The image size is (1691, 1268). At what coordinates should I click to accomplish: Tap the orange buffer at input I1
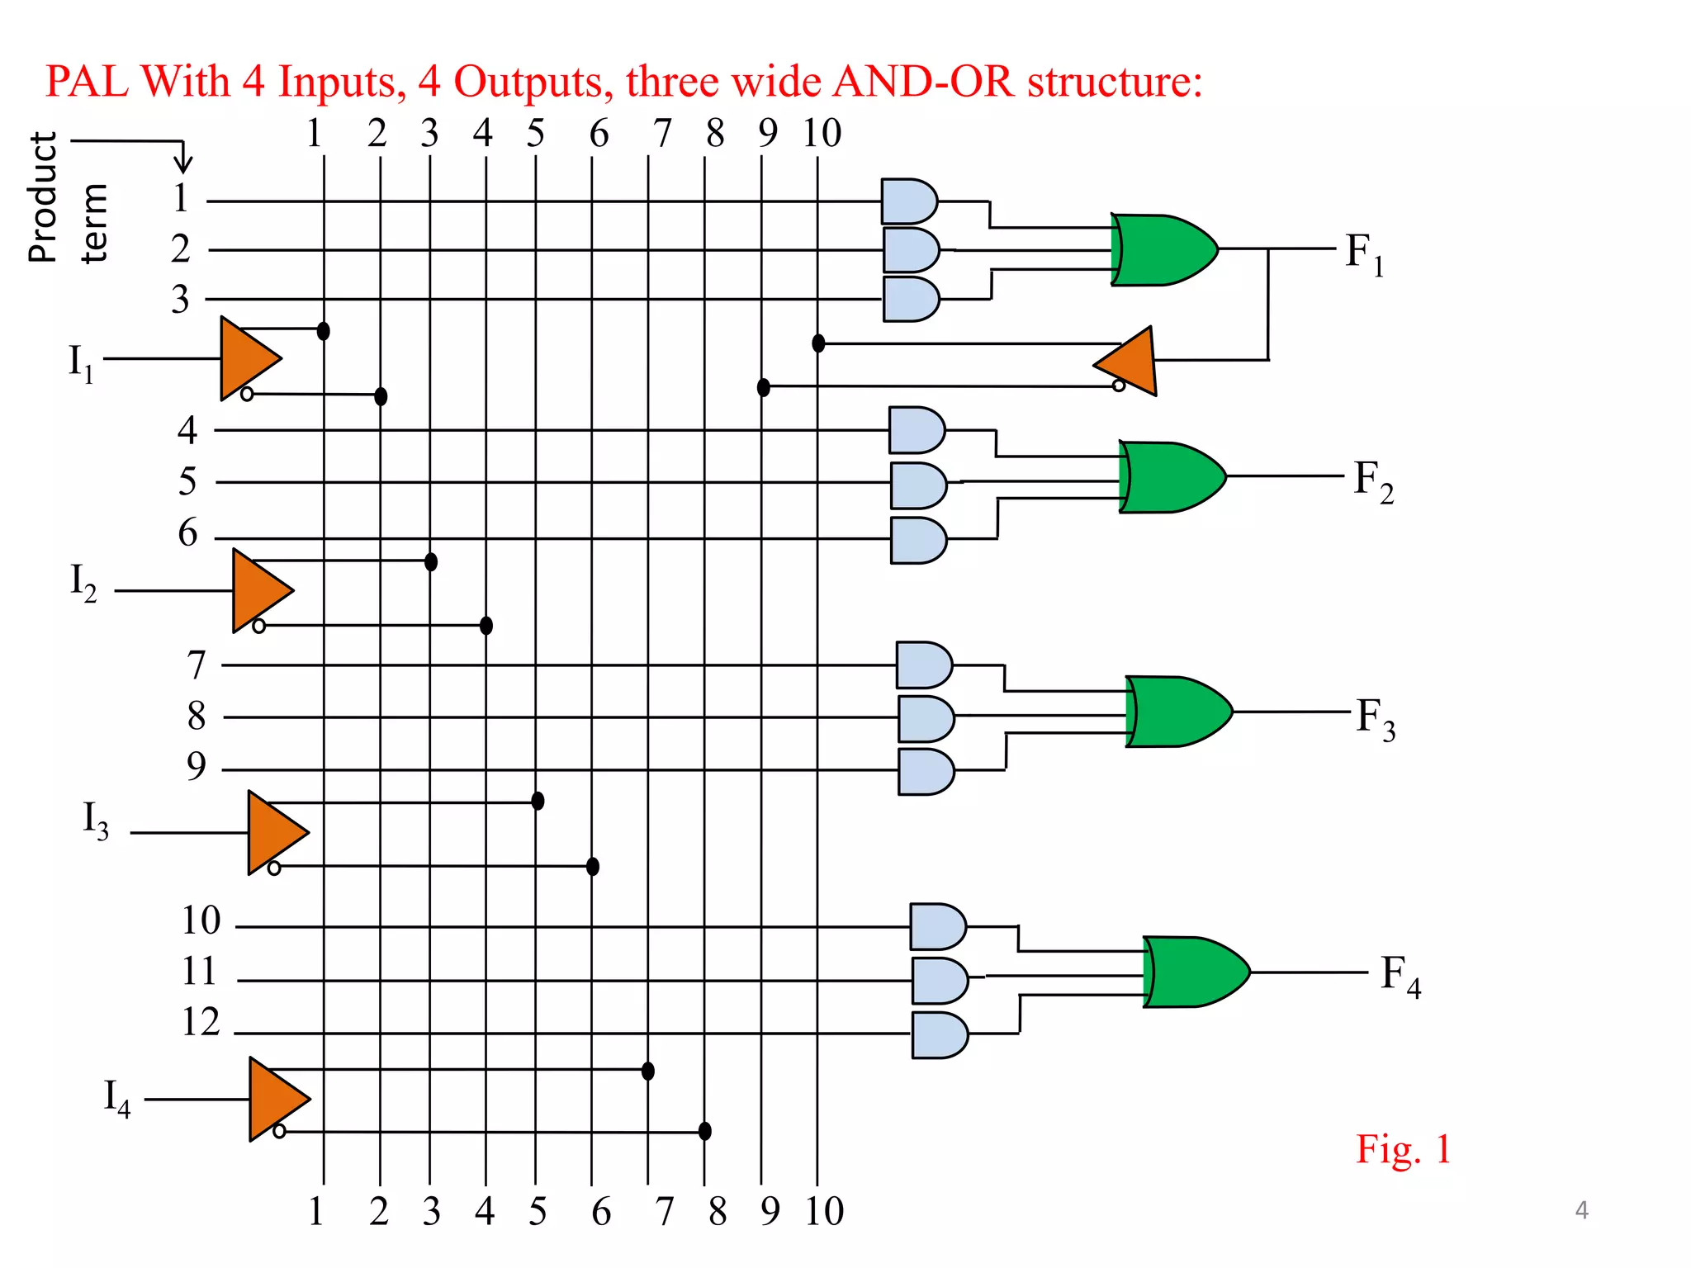(247, 358)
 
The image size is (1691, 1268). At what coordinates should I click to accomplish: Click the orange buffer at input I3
(275, 832)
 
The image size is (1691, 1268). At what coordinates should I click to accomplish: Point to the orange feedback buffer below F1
(1130, 362)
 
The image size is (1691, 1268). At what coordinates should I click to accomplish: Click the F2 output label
(1373, 480)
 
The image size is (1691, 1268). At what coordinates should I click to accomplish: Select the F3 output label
(1376, 718)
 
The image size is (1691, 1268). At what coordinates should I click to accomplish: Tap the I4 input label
(116, 1098)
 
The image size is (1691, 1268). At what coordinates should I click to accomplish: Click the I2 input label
(83, 583)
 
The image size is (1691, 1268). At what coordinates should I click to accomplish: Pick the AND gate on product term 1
(907, 201)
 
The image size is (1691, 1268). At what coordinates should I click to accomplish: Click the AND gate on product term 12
(938, 1035)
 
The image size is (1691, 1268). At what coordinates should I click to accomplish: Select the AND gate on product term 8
(925, 718)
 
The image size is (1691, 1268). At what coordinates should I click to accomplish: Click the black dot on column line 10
(818, 343)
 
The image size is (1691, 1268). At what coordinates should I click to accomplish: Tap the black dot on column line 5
(538, 801)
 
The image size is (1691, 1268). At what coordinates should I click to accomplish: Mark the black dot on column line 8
(704, 1131)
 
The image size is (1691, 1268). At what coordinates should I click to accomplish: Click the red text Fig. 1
(1403, 1149)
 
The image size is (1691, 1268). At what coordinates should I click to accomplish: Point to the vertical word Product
(43, 197)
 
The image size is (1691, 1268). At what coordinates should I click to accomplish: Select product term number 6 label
(188, 532)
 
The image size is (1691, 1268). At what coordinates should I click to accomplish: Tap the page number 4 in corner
(1581, 1210)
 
